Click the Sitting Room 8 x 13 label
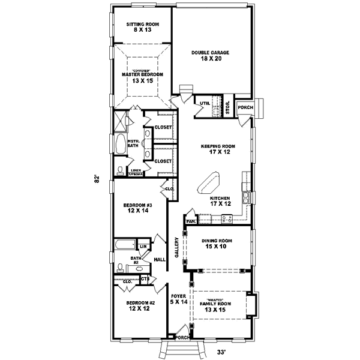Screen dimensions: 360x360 [142, 28]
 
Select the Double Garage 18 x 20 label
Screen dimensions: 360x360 [211, 56]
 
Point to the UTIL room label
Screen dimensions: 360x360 [205, 103]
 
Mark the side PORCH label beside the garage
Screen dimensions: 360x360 [245, 107]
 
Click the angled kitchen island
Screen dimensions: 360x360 [211, 182]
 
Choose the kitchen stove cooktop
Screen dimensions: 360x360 [227, 220]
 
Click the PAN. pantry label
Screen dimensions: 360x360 [191, 221]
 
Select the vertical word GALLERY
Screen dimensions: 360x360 [176, 247]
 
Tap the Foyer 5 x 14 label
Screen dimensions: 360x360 [179, 299]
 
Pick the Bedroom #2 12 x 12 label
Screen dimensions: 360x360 [141, 306]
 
